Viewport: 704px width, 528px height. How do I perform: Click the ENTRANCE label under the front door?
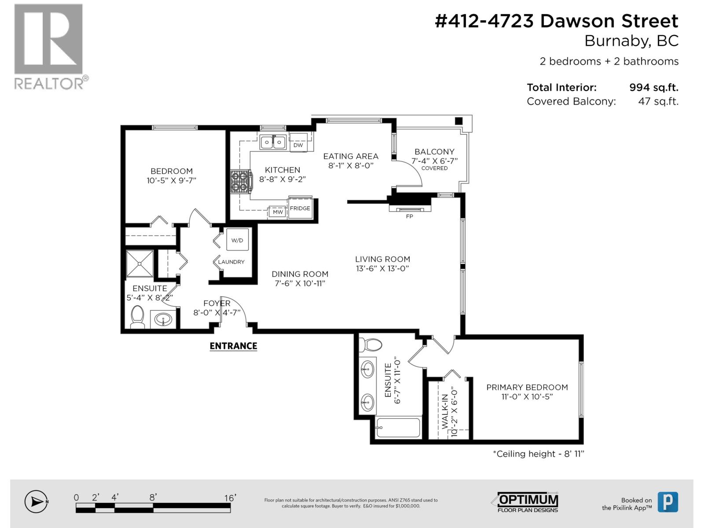click(233, 346)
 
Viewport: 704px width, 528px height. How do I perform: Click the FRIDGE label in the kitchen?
click(300, 209)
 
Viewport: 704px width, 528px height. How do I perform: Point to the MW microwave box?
click(278, 212)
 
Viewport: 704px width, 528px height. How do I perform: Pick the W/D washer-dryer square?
click(237, 239)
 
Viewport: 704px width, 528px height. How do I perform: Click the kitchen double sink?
click(273, 142)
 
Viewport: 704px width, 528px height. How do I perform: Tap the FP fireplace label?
click(410, 216)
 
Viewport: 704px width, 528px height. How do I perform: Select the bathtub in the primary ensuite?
click(398, 427)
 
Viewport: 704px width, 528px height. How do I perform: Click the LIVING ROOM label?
click(382, 259)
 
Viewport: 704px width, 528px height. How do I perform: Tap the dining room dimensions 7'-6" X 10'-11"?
click(300, 283)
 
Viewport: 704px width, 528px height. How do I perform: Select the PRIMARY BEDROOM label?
click(527, 387)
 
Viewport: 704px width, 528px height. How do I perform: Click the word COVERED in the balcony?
click(434, 169)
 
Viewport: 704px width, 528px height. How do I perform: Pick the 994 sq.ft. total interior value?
click(654, 88)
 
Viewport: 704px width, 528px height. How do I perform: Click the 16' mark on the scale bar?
click(230, 498)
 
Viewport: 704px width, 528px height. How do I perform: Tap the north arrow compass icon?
click(36, 502)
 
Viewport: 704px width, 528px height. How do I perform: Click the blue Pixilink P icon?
click(668, 502)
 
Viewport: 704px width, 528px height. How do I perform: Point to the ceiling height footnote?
click(539, 454)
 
